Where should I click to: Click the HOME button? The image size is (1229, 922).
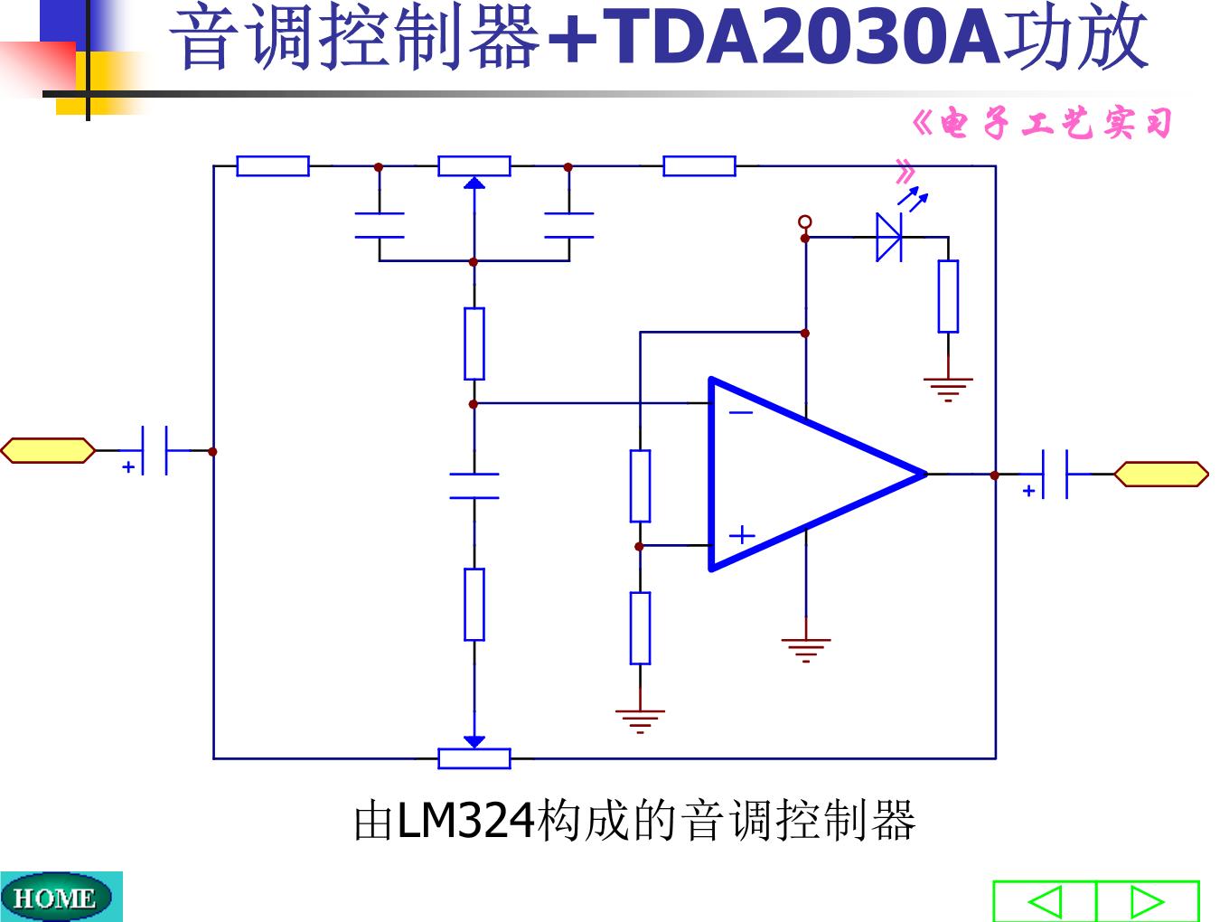55,898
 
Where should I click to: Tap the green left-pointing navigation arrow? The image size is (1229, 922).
1045,902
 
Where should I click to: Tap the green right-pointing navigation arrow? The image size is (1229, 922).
1148,902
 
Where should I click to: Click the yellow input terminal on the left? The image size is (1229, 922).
48,451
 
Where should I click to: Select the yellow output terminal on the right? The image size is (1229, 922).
1160,475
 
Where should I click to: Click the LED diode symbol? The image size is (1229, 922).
889,238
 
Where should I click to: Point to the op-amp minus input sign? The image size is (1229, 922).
741,413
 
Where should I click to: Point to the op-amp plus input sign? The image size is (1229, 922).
742,535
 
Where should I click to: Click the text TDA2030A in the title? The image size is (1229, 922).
801,38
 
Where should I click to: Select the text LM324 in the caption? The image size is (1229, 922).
464,822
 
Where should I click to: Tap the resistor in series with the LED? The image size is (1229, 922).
949,296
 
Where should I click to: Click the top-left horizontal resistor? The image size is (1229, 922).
273,166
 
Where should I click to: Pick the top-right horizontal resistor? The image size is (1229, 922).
699,166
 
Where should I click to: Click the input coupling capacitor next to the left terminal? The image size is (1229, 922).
155,451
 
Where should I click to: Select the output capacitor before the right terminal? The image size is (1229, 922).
1055,475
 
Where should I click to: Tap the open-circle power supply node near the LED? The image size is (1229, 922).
805,222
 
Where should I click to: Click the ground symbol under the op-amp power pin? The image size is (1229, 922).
806,650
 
